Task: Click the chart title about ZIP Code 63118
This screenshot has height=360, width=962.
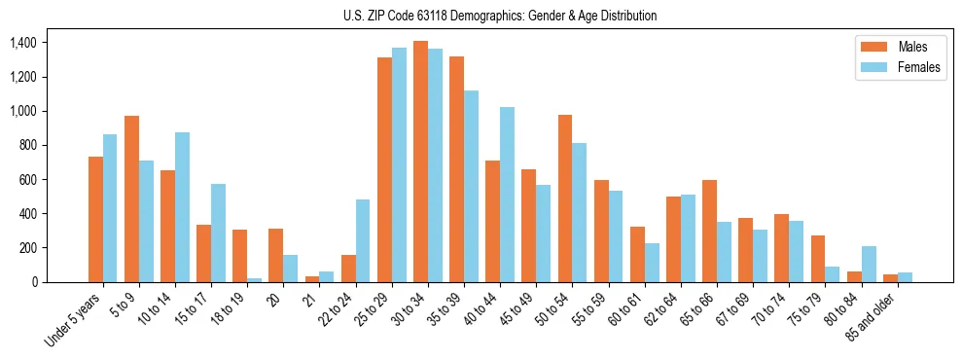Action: point(500,16)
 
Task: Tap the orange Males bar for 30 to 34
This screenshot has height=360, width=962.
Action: point(420,162)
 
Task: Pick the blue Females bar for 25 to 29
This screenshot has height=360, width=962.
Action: point(399,164)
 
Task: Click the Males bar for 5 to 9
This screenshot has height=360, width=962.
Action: point(131,198)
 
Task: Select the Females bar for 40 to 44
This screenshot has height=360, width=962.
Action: point(507,195)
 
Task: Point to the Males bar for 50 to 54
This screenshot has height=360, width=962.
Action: point(565,198)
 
